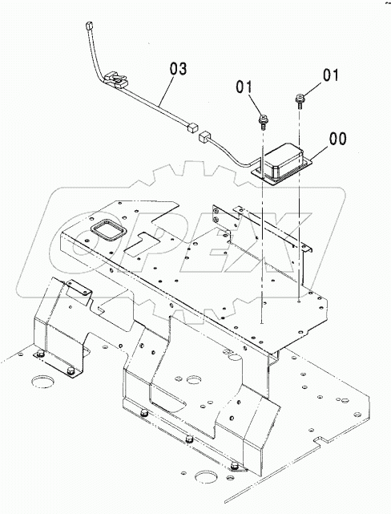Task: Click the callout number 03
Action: (x=178, y=69)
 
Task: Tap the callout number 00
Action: (x=337, y=139)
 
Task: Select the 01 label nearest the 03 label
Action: (x=244, y=87)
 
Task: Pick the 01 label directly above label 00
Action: (x=330, y=75)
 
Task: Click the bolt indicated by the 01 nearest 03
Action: (x=262, y=122)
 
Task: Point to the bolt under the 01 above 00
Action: (x=299, y=101)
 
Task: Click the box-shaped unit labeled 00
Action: (x=281, y=163)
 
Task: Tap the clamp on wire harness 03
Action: (x=115, y=79)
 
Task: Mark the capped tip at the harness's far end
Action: (x=89, y=26)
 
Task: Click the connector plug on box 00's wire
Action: (x=205, y=136)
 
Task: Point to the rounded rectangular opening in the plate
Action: (x=108, y=229)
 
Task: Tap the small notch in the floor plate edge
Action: (x=320, y=440)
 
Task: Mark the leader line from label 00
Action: (x=320, y=153)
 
